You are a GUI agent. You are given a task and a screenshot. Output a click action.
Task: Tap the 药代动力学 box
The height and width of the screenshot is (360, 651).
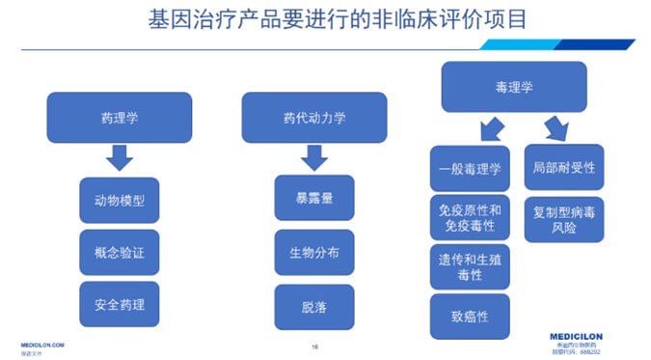[x=313, y=118]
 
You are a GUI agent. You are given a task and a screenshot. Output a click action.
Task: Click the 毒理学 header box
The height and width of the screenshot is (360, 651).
[x=513, y=87]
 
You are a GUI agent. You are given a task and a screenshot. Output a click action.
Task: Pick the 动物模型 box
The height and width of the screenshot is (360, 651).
[x=120, y=201]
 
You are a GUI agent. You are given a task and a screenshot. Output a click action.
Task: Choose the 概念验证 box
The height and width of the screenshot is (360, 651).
[x=120, y=253]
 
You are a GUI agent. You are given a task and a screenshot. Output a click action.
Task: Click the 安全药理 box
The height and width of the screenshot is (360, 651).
[x=120, y=305]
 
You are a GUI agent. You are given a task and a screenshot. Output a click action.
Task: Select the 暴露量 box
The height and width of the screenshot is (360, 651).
[x=313, y=198]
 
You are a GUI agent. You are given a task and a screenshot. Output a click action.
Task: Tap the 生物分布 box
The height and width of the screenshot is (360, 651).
[x=313, y=253]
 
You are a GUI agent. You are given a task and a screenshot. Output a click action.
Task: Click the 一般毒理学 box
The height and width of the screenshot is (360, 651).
[x=469, y=168]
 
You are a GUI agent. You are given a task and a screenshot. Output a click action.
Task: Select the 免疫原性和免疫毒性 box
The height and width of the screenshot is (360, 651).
[x=469, y=217]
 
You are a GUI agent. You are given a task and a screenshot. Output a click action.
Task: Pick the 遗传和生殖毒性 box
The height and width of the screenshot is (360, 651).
[x=469, y=266]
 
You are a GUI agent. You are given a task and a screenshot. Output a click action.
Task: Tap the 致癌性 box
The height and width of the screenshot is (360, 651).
[x=469, y=316]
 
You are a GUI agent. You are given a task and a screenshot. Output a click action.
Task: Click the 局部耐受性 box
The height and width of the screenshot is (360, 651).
[x=563, y=167]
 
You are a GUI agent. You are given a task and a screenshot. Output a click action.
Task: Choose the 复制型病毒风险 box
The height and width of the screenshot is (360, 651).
[x=563, y=218]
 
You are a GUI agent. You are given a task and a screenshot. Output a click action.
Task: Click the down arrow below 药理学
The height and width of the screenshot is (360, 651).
[x=120, y=157]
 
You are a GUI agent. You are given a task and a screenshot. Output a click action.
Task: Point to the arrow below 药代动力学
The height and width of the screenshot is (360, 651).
[x=313, y=157]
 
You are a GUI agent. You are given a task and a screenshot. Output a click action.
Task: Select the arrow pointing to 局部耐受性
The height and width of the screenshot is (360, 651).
[x=556, y=127]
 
